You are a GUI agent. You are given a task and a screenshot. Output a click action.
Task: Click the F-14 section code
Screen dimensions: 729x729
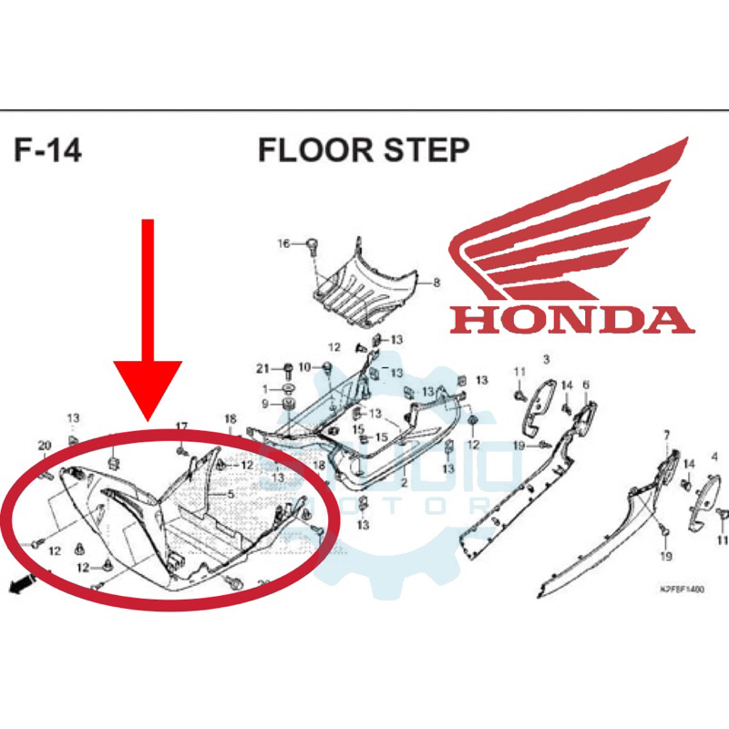pyautogui.click(x=47, y=149)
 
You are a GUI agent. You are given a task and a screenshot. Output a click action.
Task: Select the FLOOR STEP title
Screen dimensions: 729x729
pyautogui.click(x=364, y=149)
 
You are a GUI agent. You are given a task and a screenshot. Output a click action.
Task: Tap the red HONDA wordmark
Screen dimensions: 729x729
pyautogui.click(x=571, y=318)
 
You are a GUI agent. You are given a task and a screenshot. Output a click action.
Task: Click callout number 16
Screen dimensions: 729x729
pyautogui.click(x=283, y=243)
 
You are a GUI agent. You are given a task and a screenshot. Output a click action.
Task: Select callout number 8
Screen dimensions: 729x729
pyautogui.click(x=436, y=282)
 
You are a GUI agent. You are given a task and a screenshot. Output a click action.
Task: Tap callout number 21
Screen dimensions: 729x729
pyautogui.click(x=262, y=368)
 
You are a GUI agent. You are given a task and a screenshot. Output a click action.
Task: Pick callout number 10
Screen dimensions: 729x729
pyautogui.click(x=303, y=366)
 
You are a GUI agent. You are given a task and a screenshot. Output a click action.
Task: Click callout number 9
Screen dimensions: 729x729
pyautogui.click(x=265, y=404)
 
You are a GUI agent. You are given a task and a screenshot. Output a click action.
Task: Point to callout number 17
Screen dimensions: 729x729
pyautogui.click(x=181, y=426)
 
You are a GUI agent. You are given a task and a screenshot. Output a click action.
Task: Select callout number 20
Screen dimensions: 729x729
pyautogui.click(x=44, y=445)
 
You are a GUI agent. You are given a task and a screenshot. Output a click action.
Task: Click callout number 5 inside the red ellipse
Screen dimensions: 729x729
pyautogui.click(x=231, y=494)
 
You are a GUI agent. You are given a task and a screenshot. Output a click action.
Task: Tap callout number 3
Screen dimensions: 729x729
pyautogui.click(x=546, y=358)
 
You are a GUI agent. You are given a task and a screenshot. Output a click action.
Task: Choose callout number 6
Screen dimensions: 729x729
pyautogui.click(x=586, y=385)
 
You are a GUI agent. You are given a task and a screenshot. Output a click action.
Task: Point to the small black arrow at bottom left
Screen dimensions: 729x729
pyautogui.click(x=17, y=588)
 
